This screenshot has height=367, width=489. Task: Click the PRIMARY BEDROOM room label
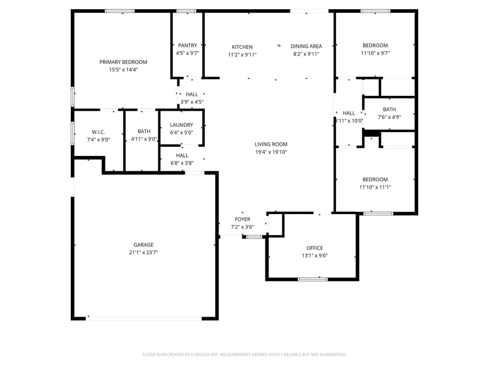tap(123, 62)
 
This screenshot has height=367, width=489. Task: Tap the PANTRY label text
tap(187, 45)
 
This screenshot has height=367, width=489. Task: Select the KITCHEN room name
tap(242, 47)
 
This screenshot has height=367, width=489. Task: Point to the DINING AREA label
tap(306, 46)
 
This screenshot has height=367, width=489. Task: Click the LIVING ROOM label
tap(271, 144)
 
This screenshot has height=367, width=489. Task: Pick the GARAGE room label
tap(143, 245)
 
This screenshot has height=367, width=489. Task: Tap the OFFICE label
tap(314, 248)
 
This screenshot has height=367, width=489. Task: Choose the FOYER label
tap(242, 220)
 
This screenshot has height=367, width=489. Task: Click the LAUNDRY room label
tap(181, 125)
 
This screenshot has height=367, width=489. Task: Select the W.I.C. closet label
tap(98, 132)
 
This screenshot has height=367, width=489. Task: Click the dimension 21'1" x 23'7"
tap(143, 252)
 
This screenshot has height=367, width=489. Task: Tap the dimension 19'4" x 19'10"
tap(271, 152)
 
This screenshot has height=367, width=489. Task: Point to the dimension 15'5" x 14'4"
tap(123, 70)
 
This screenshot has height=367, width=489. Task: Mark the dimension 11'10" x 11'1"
tap(375, 187)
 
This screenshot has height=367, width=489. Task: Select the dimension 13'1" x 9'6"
tap(314, 256)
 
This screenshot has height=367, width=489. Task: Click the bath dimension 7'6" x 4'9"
tap(389, 117)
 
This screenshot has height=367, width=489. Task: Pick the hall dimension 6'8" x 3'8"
tap(182, 163)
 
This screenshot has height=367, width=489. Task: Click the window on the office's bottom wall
tap(313, 279)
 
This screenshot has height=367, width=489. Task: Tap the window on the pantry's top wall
tap(186, 11)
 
